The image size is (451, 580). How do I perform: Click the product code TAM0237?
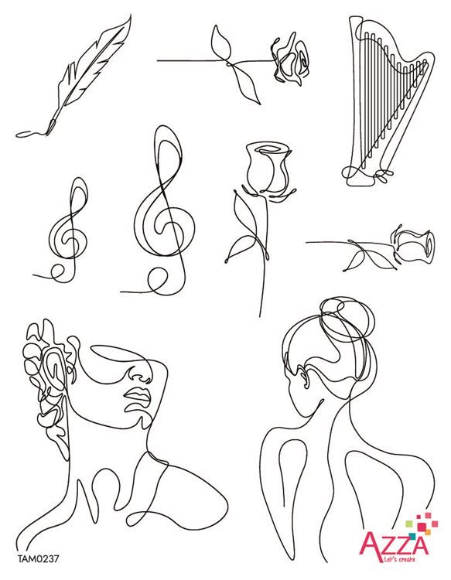point(38,558)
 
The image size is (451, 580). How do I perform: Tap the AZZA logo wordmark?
point(395,543)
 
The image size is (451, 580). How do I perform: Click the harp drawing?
point(388,100)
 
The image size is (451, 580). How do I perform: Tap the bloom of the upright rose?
point(268,168)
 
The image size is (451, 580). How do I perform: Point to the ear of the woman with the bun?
point(303,377)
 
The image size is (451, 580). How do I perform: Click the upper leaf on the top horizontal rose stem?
point(221,42)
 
